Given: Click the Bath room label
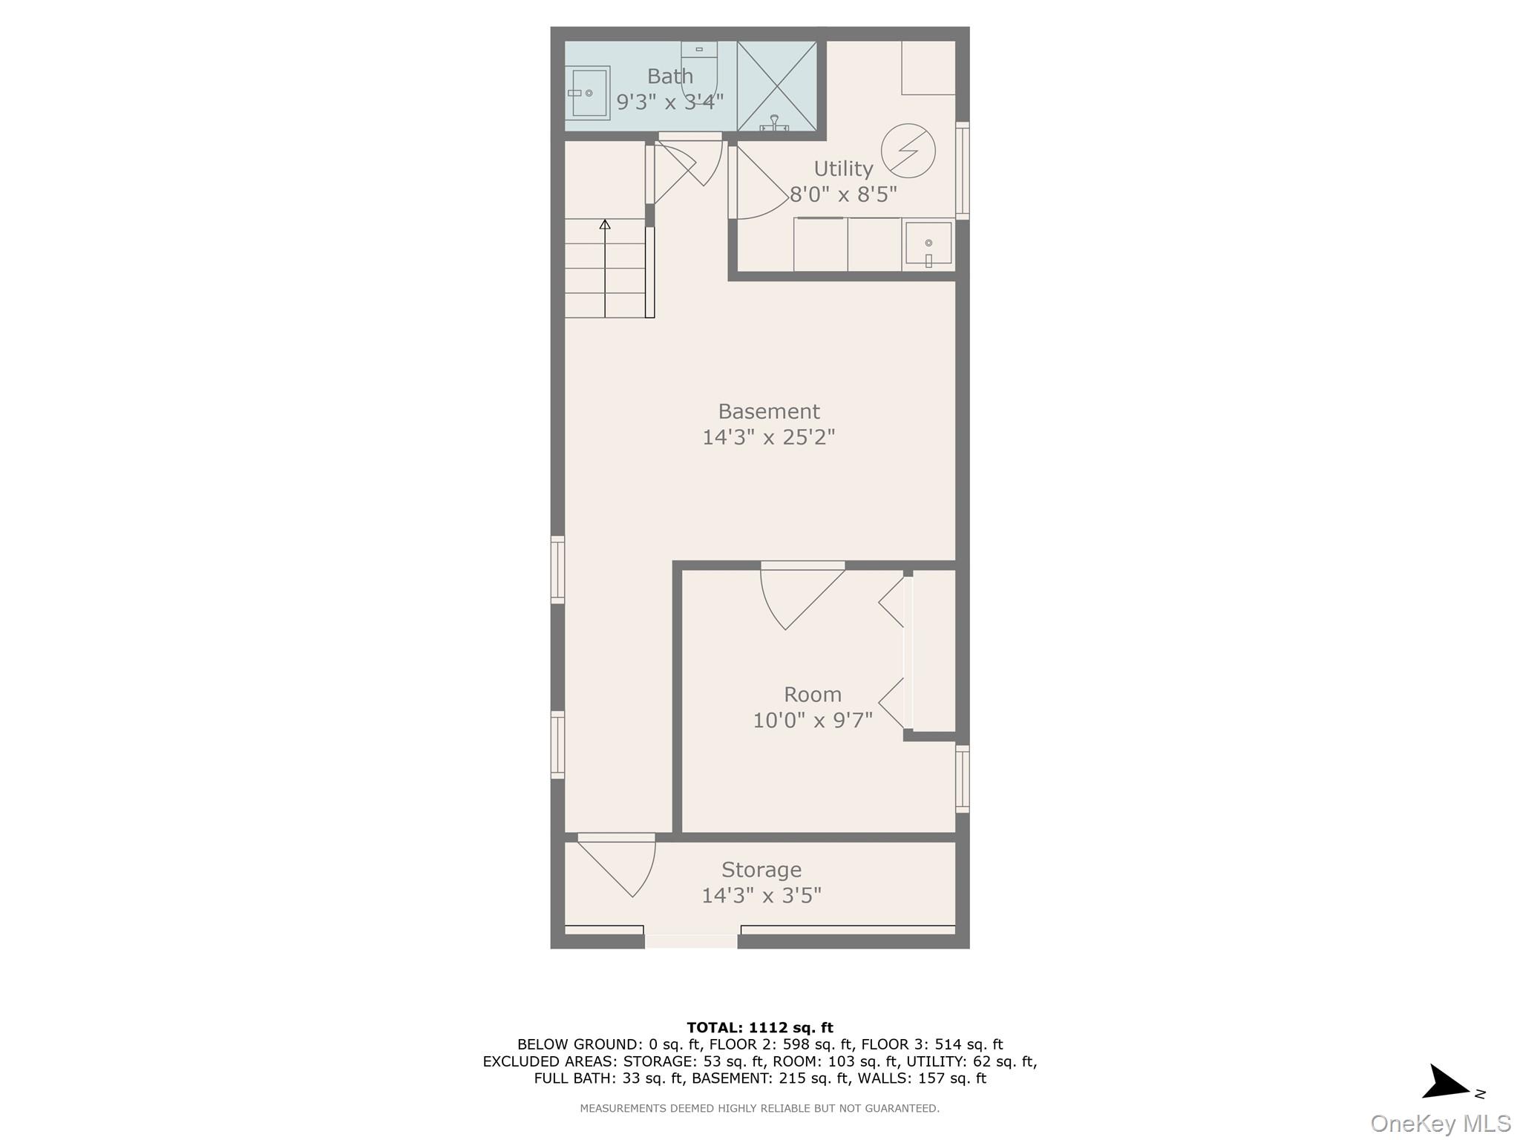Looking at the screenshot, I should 669,76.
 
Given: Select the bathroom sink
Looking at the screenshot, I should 589,93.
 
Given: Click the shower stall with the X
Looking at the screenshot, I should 776,86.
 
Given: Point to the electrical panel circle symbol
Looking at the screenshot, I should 908,151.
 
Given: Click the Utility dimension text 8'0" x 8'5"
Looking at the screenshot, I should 843,194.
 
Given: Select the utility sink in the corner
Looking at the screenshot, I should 928,244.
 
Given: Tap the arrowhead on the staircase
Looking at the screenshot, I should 605,224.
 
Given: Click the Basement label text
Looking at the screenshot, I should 768,411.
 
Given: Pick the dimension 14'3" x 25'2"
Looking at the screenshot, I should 768,437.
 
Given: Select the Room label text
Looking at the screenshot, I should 813,695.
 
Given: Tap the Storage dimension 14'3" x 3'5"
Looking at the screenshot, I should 761,896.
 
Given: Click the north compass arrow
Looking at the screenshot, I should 1446,1084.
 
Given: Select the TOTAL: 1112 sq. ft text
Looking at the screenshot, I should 759,1028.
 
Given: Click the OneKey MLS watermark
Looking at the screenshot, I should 1440,1124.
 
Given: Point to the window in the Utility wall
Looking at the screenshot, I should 962,171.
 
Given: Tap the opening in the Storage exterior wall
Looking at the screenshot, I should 691,941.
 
